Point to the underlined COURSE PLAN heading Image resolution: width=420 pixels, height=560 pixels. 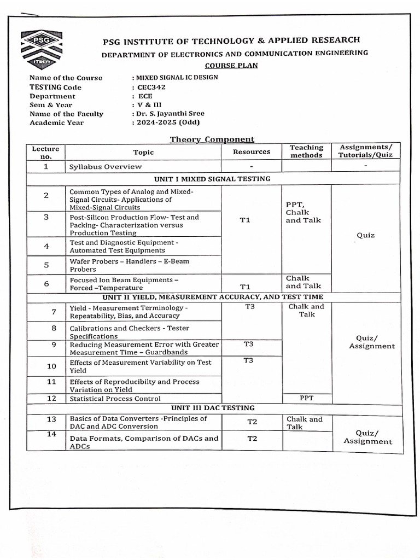click(x=236, y=66)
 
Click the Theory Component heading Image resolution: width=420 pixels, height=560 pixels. click(x=212, y=139)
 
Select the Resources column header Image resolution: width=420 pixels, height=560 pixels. click(x=252, y=151)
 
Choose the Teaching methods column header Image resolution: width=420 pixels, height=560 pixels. click(x=306, y=151)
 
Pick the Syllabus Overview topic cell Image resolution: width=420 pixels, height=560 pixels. click(x=106, y=166)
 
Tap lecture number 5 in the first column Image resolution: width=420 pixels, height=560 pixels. click(x=46, y=265)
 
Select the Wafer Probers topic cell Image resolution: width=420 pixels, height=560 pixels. click(x=129, y=265)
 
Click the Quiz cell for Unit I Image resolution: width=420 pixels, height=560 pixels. click(x=366, y=235)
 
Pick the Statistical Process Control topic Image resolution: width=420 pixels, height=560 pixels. click(x=115, y=399)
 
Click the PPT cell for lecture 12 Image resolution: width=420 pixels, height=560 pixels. click(x=306, y=398)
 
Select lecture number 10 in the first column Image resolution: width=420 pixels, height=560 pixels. click(x=51, y=366)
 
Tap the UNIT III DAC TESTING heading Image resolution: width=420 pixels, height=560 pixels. click(x=212, y=408)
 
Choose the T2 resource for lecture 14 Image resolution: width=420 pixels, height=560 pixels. click(x=252, y=439)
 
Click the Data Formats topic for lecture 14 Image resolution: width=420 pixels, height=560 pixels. click(x=143, y=442)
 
